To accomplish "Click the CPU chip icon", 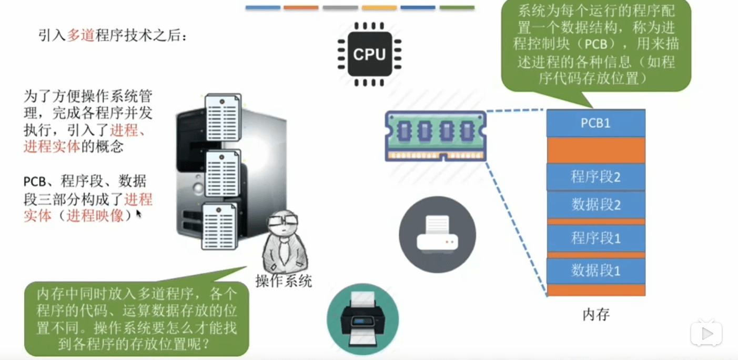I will tap(369, 54).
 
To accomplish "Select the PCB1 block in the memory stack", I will tap(595, 123).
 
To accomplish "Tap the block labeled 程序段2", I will tap(595, 177).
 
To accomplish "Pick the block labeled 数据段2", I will tap(595, 205).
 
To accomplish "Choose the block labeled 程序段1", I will tap(595, 238).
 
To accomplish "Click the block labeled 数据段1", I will tap(595, 271).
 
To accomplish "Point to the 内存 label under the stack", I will tap(596, 315).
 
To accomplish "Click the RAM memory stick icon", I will tap(436, 136).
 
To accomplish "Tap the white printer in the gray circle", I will tap(437, 235).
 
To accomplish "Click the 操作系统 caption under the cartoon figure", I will tap(284, 281).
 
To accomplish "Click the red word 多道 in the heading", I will tap(80, 36).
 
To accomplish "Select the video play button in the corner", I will tap(706, 333).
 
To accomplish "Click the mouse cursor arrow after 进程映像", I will tap(139, 214).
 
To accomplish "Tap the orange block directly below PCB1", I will tap(595, 150).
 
